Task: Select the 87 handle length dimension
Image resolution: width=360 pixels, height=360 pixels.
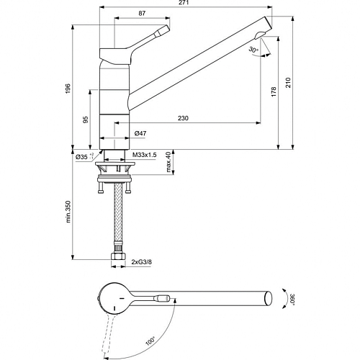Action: [142, 13]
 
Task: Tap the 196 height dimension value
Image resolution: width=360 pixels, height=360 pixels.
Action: [68, 89]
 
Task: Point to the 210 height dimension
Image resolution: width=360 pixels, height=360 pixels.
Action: [288, 83]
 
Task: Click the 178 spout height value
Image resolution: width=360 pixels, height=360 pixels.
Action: [274, 92]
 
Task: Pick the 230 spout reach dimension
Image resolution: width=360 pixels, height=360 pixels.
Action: [183, 118]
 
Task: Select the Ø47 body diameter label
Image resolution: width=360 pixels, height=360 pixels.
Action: [140, 133]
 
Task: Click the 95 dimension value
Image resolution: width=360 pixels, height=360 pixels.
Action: [86, 120]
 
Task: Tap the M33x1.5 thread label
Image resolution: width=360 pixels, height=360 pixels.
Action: [145, 155]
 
